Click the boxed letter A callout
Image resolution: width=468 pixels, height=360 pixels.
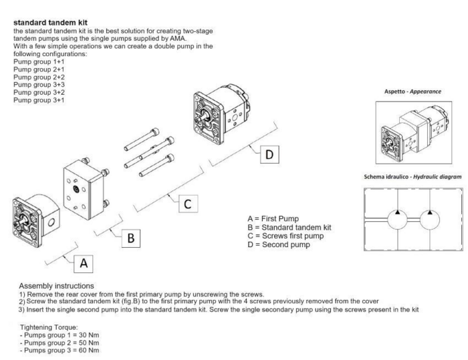point(84,263)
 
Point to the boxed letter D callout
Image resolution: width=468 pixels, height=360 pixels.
point(269,154)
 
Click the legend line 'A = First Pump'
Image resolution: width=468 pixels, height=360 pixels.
point(274,218)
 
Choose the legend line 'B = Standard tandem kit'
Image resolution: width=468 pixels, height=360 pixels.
point(289,227)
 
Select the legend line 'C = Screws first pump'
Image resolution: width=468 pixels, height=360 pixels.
point(286,236)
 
